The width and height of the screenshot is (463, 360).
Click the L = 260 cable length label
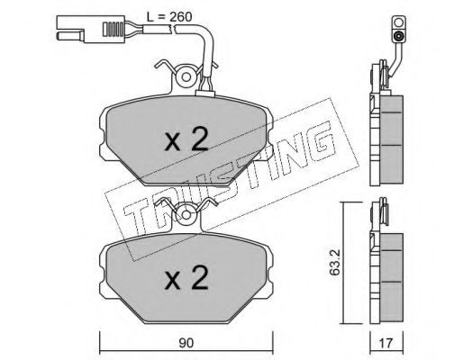[x=169, y=17]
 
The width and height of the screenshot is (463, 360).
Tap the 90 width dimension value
[x=186, y=343]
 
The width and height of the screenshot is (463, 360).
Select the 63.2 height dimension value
[x=334, y=262]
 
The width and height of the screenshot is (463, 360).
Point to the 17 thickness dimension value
[x=386, y=343]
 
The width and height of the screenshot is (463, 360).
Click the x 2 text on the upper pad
[x=186, y=139]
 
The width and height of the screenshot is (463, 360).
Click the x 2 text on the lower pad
[x=186, y=277]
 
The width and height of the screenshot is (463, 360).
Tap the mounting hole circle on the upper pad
[x=186, y=77]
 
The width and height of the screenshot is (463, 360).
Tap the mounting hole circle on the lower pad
[x=186, y=215]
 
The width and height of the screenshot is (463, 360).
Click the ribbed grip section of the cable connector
[x=113, y=29]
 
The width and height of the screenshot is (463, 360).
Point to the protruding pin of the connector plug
[x=70, y=36]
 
